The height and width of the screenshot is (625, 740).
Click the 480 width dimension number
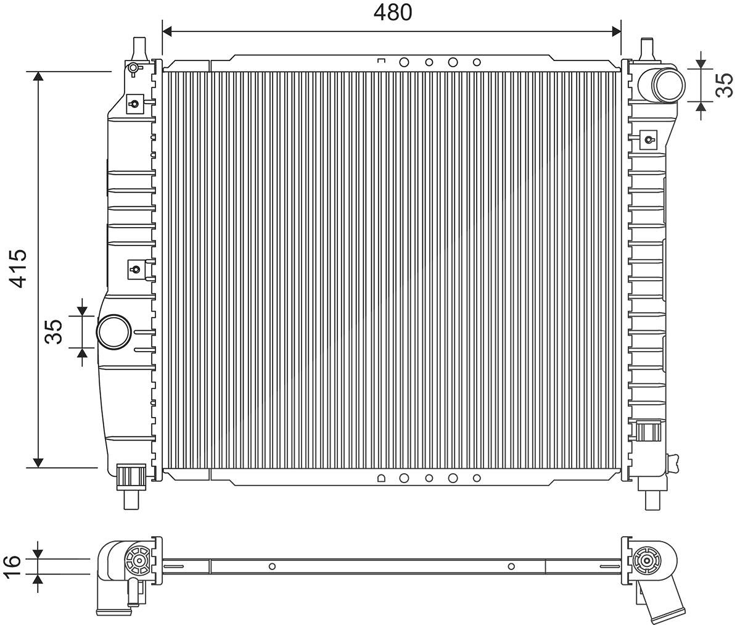(393, 12)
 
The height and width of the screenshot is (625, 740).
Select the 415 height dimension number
(18, 268)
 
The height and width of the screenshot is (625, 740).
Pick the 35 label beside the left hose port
(53, 332)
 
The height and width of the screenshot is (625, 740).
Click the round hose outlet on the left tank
(114, 332)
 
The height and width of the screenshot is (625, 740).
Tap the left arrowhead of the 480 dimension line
(167, 31)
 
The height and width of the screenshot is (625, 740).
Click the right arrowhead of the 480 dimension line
(616, 31)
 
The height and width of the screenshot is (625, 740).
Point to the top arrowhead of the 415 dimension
(38, 76)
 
